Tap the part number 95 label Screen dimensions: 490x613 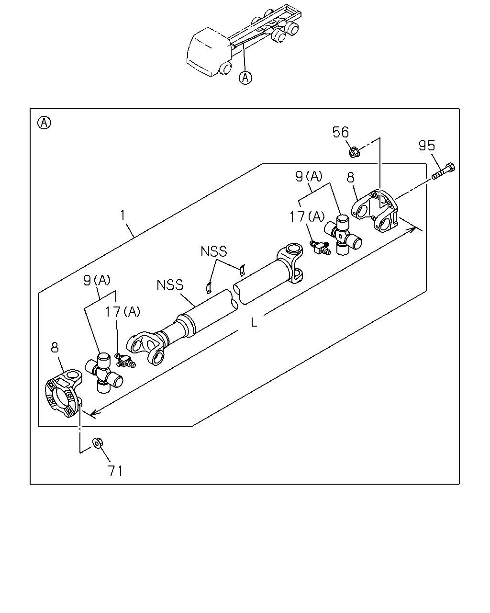[x=427, y=145]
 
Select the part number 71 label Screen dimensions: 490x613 [x=115, y=471]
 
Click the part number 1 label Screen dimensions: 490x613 [x=122, y=215]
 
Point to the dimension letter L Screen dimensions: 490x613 [x=254, y=322]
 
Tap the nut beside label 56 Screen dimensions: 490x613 [x=354, y=152]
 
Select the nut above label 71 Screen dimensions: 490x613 [x=97, y=443]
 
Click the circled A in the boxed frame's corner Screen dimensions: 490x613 [x=45, y=123]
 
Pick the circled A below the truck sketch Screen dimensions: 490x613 [x=245, y=77]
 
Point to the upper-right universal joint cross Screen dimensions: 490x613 [x=343, y=235]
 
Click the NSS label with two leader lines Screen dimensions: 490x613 [x=214, y=251]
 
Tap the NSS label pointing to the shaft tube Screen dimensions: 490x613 [x=170, y=285]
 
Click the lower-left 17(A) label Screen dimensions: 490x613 [x=122, y=312]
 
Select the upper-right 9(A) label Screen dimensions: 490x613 [x=309, y=177]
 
